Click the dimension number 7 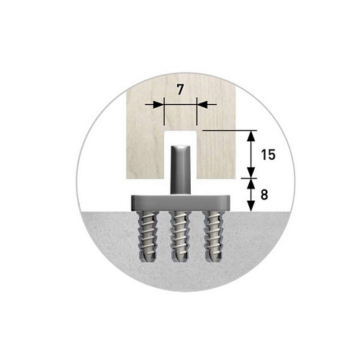180,89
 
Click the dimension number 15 268,155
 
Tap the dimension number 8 264,194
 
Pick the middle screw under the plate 181,236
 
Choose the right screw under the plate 214,236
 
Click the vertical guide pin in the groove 181,170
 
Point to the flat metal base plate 181,203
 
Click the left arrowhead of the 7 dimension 158,104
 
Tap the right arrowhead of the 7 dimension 202,104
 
